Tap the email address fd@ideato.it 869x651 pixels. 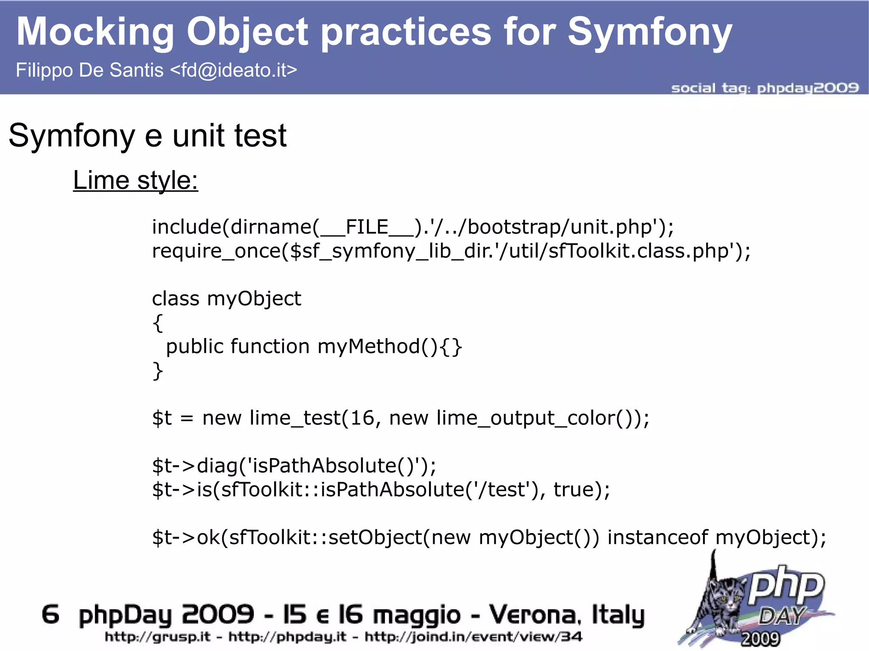[x=233, y=70]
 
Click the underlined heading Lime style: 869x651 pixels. [x=135, y=180]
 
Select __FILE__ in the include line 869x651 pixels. [x=367, y=227]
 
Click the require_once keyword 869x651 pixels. [x=216, y=251]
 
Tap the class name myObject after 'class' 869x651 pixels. [x=254, y=299]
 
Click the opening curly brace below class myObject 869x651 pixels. [x=157, y=323]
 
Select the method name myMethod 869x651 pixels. [x=368, y=346]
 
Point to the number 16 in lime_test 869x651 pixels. [x=362, y=418]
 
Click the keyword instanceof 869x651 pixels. [x=657, y=537]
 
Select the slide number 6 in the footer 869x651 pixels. [x=50, y=615]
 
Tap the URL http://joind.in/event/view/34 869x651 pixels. [x=473, y=637]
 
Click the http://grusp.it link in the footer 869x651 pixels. [x=157, y=637]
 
